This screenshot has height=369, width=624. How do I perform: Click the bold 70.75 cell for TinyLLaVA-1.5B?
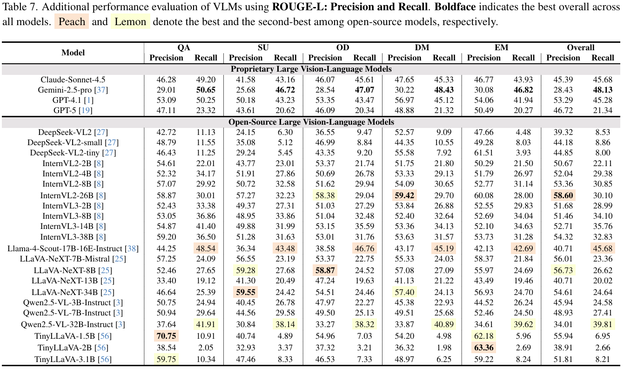pyautogui.click(x=166, y=336)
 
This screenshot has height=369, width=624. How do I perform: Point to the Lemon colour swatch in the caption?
pyautogui.click(x=130, y=22)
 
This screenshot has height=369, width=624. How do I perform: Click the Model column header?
pyautogui.click(x=73, y=53)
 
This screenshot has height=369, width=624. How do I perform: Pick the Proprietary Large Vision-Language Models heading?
pyautogui.click(x=312, y=68)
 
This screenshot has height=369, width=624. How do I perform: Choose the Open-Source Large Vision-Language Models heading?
pyautogui.click(x=312, y=122)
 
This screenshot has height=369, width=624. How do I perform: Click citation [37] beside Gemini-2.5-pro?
pyautogui.click(x=99, y=90)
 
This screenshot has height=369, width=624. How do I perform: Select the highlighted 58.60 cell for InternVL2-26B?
pyautogui.click(x=563, y=195)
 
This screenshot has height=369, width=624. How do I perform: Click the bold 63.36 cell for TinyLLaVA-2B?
pyautogui.click(x=483, y=347)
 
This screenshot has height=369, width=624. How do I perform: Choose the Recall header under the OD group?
pyautogui.click(x=364, y=58)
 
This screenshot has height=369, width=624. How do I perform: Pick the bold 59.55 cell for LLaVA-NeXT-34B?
pyautogui.click(x=246, y=292)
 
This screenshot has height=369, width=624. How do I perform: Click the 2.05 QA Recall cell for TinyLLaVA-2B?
pyautogui.click(x=206, y=347)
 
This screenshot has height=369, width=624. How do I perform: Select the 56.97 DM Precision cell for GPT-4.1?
pyautogui.click(x=404, y=101)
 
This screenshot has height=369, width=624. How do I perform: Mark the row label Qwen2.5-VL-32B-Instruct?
pyautogui.click(x=67, y=324)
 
